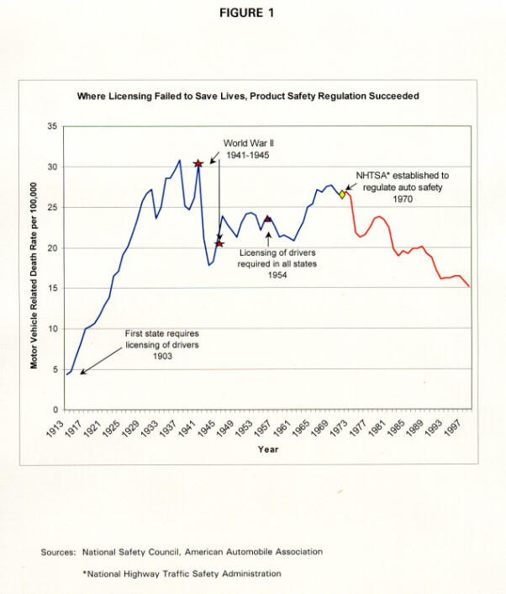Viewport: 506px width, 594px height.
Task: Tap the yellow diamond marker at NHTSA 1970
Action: click(x=342, y=194)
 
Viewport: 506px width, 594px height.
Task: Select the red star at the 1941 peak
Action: click(x=198, y=164)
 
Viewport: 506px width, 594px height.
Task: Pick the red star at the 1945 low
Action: click(x=219, y=244)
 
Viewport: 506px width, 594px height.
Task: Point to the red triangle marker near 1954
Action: click(x=267, y=219)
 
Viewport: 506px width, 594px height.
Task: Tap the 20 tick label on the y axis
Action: click(x=52, y=248)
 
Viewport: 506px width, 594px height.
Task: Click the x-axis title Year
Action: click(x=267, y=449)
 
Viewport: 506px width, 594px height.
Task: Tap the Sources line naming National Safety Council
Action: click(x=182, y=552)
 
